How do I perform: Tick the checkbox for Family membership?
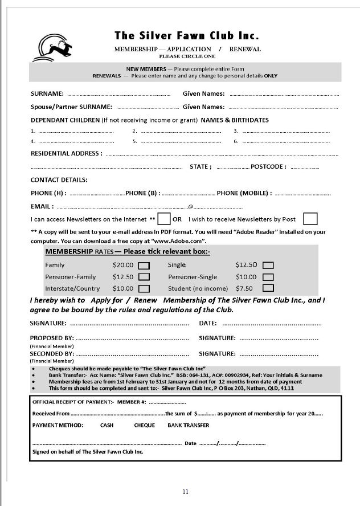coord(144,265)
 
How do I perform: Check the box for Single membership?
coord(268,265)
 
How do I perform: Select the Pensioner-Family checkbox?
coord(144,277)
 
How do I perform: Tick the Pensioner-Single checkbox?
coord(268,277)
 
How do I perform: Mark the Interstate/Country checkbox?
coord(144,289)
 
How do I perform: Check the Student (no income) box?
coord(268,288)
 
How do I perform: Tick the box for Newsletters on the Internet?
coord(164,219)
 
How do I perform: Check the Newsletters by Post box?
coord(310,219)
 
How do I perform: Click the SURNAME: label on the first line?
coord(47,93)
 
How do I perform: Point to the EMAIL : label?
coord(42,206)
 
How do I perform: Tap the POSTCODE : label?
coord(268,167)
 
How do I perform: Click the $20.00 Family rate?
coord(122,265)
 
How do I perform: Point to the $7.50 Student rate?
coord(244,288)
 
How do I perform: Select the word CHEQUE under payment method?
coord(144,425)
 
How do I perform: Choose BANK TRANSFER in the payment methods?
coord(188,425)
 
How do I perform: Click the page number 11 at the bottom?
coord(185,492)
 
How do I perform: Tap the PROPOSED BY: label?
coord(52,338)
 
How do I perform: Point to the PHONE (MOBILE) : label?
coord(244,193)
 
